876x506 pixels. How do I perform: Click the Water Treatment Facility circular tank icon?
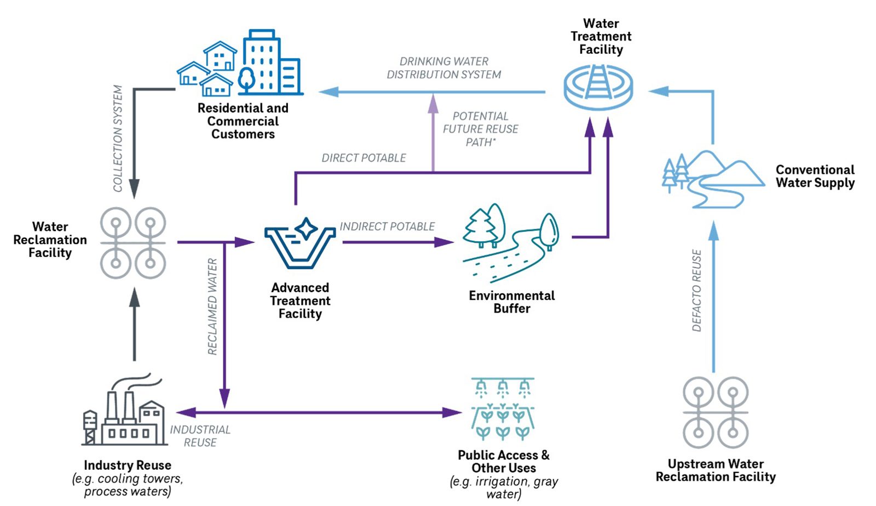coord(598,88)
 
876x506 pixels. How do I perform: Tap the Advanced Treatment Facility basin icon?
coord(300,245)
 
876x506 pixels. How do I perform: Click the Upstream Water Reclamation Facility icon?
coord(716,412)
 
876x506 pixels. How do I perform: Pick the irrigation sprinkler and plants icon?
coord(503,409)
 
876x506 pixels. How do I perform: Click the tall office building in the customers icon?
coord(262,61)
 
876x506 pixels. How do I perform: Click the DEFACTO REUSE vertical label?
coord(697,291)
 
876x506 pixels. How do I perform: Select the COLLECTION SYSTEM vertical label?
coord(118,139)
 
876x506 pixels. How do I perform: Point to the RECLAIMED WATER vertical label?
coord(212,307)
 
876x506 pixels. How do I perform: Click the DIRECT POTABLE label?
coord(364,158)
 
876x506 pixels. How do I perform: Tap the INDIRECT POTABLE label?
coord(387,226)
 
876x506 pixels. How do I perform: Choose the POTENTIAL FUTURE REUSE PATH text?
coord(480,129)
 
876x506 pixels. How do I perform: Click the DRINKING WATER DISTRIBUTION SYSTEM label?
coord(443,68)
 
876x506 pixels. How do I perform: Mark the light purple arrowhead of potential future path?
coord(433,103)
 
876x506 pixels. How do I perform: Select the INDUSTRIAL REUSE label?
coord(200,436)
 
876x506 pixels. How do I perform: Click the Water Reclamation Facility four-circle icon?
coord(133,243)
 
